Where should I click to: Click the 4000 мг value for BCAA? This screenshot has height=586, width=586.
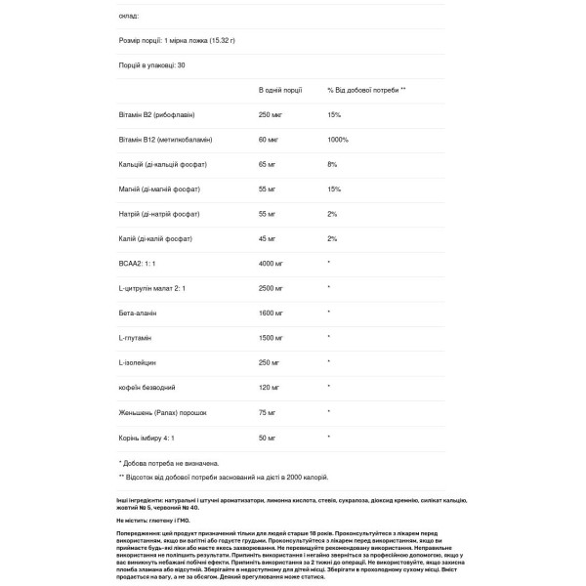coord(272,264)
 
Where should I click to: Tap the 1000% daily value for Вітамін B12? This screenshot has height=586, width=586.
coord(340,140)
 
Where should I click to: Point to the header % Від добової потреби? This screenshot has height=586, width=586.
coord(367,89)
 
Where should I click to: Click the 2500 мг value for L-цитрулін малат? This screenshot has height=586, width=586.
coord(272,287)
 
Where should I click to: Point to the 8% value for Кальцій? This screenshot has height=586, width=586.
coord(333,164)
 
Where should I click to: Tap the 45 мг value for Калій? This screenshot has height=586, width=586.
coord(269,238)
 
